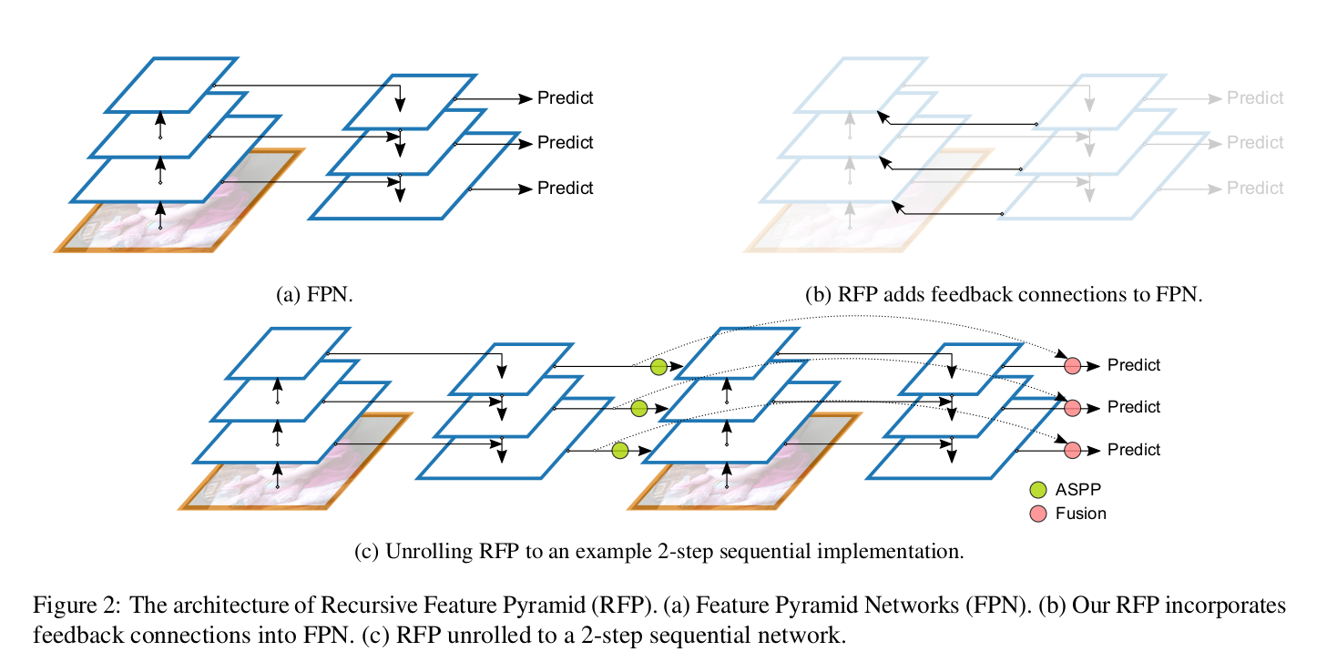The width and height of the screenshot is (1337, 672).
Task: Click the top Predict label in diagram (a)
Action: click(x=565, y=97)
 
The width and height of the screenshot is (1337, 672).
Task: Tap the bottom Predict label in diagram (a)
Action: click(x=565, y=188)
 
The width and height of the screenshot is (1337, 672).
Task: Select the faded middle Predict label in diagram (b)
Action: click(x=1254, y=143)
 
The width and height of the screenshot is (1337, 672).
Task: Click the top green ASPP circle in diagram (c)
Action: click(x=658, y=367)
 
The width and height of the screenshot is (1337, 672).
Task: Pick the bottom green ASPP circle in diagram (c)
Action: click(x=620, y=450)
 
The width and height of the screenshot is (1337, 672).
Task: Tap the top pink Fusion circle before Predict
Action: click(x=1072, y=365)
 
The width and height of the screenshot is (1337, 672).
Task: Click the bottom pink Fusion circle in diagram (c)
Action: click(x=1072, y=450)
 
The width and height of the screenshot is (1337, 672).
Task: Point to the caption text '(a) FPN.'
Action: click(x=313, y=295)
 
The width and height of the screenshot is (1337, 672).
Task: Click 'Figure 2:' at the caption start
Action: click(x=76, y=606)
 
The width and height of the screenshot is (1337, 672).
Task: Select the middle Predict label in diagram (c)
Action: click(x=1134, y=407)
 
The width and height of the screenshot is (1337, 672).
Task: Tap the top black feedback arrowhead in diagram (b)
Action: click(x=881, y=116)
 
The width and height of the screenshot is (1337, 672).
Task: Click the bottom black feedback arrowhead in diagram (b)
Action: click(x=897, y=207)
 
